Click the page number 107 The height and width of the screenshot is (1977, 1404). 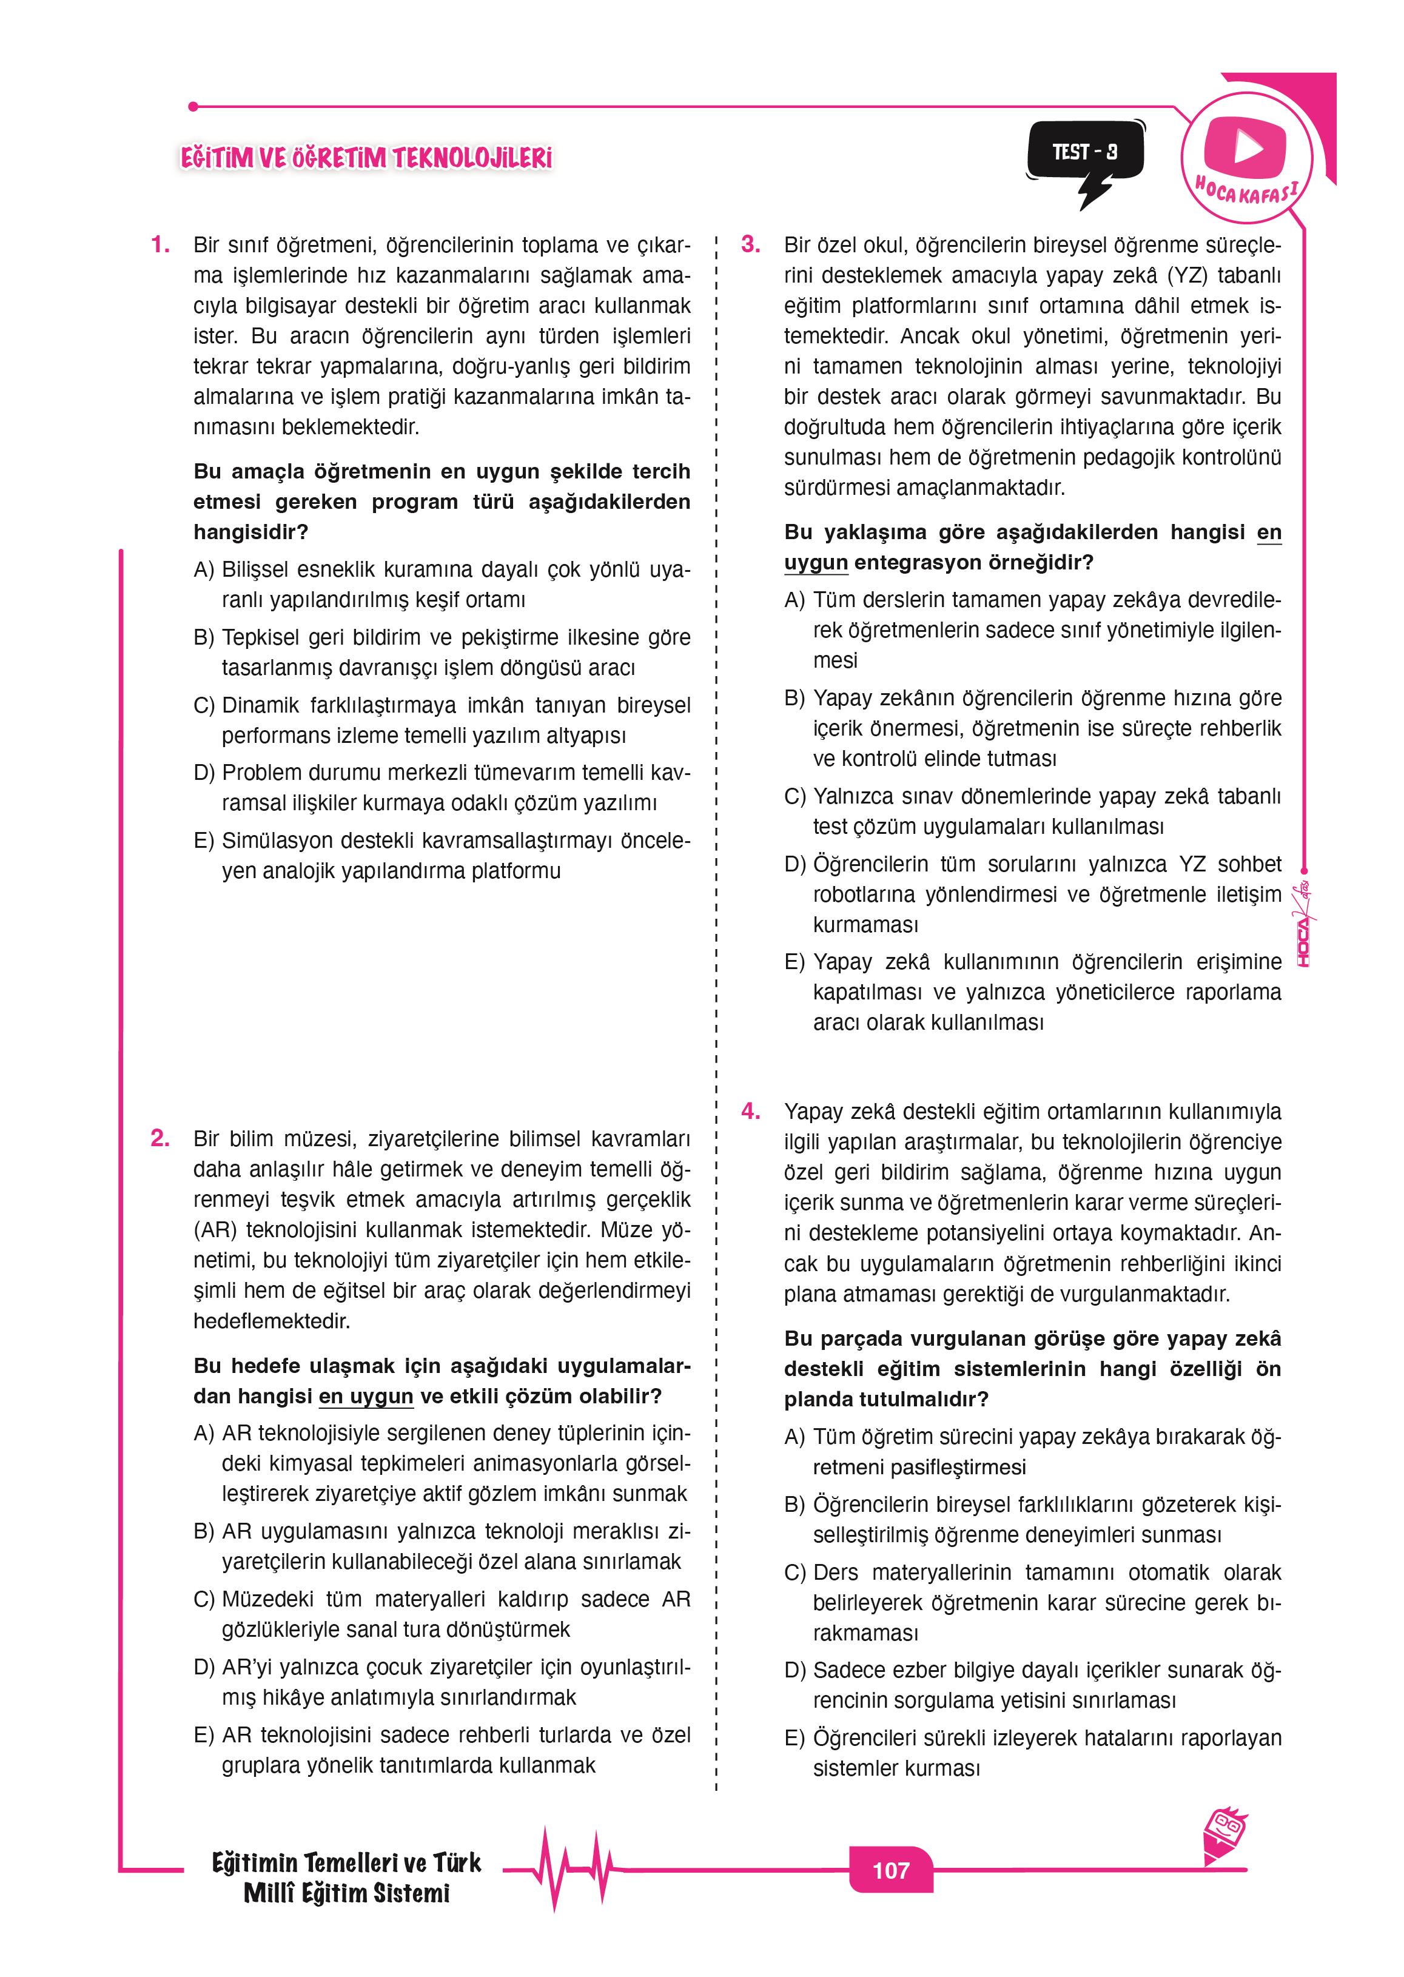coord(890,1870)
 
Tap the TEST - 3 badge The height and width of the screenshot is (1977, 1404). coord(1085,152)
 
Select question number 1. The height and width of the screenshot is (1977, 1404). coord(160,246)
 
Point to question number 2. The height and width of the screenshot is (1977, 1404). coord(160,1138)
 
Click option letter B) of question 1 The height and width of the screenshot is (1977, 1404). coord(204,638)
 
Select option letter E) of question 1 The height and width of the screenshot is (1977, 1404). coord(204,841)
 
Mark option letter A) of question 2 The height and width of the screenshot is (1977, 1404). coord(204,1433)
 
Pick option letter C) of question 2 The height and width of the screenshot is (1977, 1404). coord(204,1599)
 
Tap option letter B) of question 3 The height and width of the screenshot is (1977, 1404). coord(794,699)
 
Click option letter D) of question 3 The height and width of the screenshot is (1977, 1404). coord(794,864)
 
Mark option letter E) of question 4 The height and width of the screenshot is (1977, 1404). coord(794,1739)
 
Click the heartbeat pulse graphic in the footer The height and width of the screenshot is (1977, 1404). coord(571,1870)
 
